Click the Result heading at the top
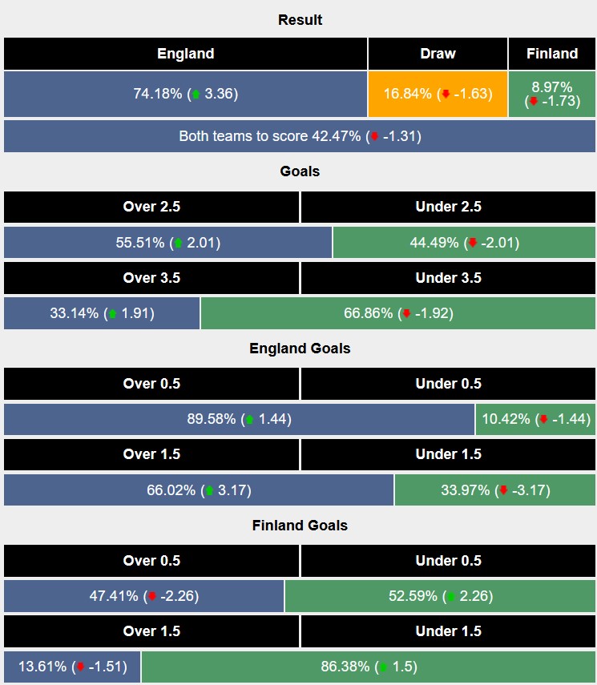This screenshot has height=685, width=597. point(300,20)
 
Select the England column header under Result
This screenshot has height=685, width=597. point(185,54)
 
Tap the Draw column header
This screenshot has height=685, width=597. point(438,54)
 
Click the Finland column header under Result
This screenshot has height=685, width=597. point(552,54)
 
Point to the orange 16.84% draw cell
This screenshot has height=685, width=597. point(438,94)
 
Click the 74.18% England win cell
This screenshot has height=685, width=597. point(185,94)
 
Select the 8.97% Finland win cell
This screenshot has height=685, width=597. point(552,94)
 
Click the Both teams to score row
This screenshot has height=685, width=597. point(300,136)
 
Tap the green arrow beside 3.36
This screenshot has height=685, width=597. point(196,95)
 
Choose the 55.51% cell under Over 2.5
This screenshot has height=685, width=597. point(167,243)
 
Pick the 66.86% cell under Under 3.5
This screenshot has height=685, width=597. point(398,313)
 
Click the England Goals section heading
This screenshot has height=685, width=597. point(300,349)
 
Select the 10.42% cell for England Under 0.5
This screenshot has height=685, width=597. point(535,419)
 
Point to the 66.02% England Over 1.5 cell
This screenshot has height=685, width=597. point(199,490)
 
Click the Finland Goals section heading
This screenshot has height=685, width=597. point(300,526)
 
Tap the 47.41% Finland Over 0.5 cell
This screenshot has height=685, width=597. point(143,596)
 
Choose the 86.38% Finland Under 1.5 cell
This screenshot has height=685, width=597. point(368,667)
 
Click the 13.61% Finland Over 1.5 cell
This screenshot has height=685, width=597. point(72,667)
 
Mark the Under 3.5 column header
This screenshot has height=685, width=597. point(448,278)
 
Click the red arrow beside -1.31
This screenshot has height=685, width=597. point(373,137)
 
